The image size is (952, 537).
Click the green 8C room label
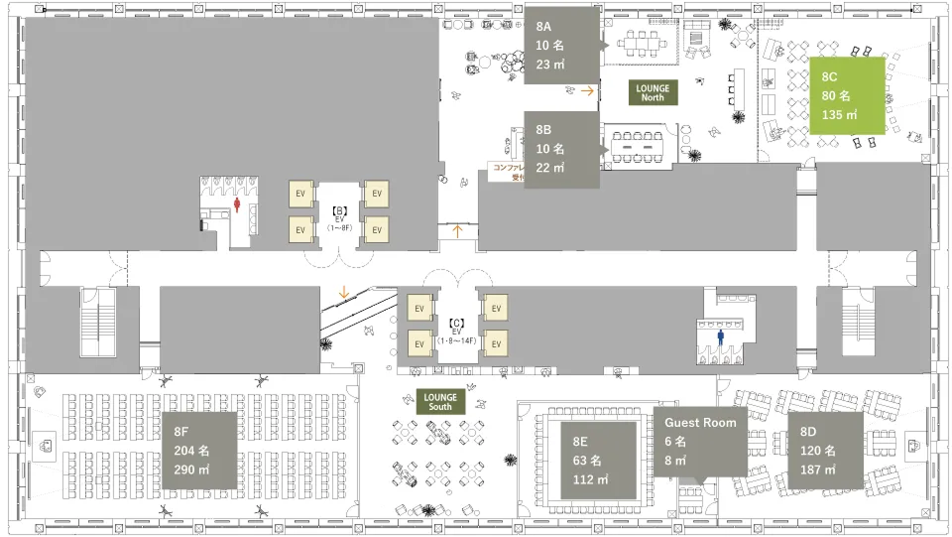846,95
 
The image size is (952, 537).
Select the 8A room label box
561,46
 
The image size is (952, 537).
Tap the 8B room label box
561,149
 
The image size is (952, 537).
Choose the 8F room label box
199,450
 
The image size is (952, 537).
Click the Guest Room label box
701,442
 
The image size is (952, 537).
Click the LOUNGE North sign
653,93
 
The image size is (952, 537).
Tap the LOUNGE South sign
440,402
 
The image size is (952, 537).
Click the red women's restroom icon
238,204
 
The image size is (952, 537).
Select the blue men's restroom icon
721,336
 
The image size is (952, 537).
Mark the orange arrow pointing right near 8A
588,90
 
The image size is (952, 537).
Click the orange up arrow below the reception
457,231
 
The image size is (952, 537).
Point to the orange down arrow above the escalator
343,292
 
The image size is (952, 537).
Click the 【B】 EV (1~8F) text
339,218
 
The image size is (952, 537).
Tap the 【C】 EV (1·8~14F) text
457,331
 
